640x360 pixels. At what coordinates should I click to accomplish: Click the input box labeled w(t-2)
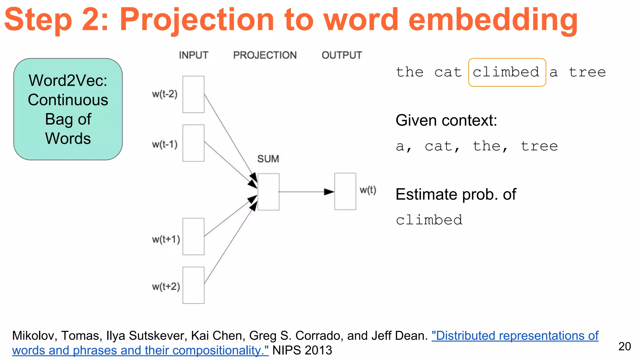click(193, 94)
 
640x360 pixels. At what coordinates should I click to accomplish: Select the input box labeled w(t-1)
click(193, 143)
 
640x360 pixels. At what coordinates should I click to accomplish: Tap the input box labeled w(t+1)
click(193, 237)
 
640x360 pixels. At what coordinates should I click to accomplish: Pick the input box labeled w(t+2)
click(193, 285)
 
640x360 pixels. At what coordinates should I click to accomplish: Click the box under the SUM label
click(268, 192)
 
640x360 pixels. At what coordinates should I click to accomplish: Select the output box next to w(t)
click(345, 191)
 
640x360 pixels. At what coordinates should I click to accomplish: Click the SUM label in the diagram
click(268, 159)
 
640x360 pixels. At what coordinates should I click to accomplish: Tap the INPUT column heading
click(193, 55)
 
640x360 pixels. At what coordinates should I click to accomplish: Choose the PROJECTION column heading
click(265, 55)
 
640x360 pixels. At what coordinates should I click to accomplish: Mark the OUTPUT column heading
click(342, 55)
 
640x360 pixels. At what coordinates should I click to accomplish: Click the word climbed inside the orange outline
click(506, 72)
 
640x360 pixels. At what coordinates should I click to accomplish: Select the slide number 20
click(624, 346)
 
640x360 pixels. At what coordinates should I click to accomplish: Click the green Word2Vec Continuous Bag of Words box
click(68, 109)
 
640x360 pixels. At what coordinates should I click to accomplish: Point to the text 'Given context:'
click(446, 120)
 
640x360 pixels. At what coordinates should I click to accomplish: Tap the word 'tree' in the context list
click(539, 146)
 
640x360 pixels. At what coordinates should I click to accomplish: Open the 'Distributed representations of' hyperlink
click(515, 336)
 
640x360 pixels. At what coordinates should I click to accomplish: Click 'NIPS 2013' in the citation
click(302, 350)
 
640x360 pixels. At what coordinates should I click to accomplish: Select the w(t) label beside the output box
click(368, 190)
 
